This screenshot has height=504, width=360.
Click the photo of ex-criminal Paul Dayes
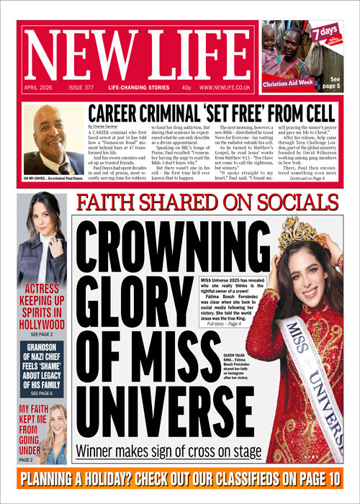[x=52, y=140]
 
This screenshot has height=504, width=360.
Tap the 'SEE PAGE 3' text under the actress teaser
[x=42, y=335]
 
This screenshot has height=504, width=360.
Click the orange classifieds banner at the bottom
[x=180, y=478]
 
